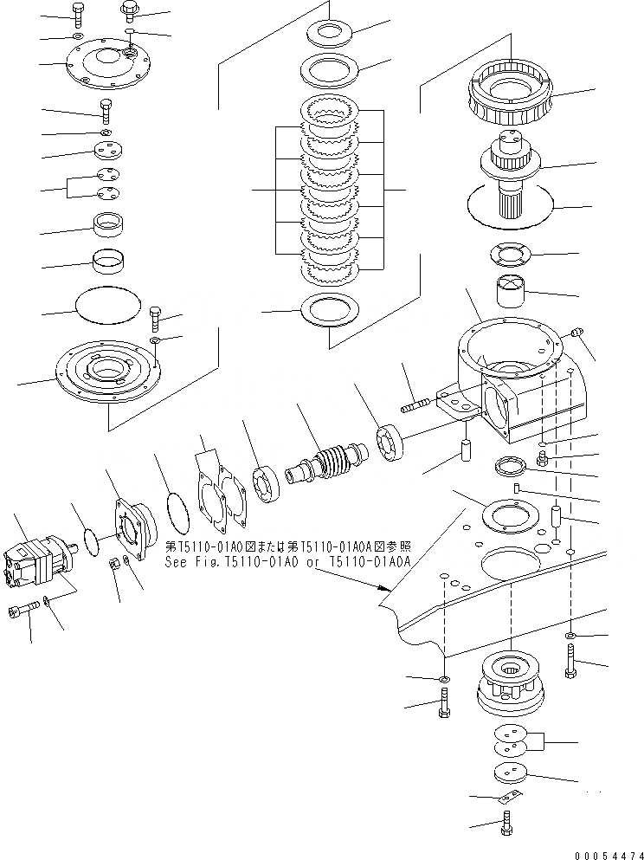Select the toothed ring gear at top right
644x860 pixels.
(x=511, y=93)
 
